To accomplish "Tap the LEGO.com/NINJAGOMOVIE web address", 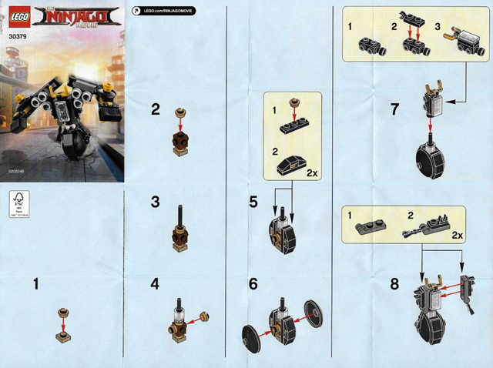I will [x=164, y=11].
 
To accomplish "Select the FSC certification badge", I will [x=18, y=202].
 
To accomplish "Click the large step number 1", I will [x=36, y=285].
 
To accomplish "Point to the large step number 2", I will [x=156, y=110].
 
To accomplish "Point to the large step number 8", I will [x=394, y=284].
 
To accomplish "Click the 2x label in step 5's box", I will [x=314, y=172].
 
